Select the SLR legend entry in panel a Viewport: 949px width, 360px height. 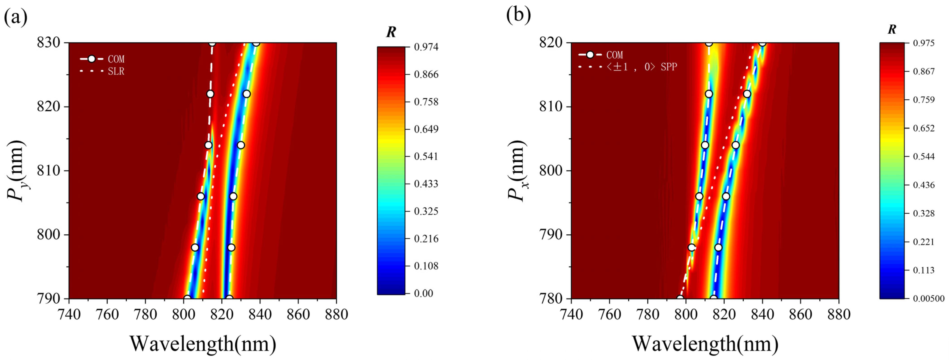pyautogui.click(x=116, y=71)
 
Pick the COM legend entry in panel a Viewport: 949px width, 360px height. pyautogui.click(x=116, y=59)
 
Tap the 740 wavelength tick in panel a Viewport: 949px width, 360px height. pyautogui.click(x=69, y=314)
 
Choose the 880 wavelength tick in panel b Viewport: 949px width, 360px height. pyautogui.click(x=838, y=314)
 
